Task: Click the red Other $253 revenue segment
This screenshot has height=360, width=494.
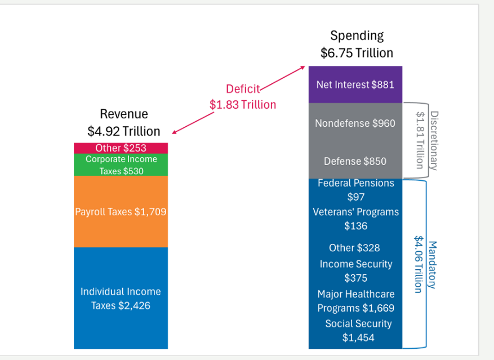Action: (x=121, y=148)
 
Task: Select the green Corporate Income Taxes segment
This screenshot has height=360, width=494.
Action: (x=121, y=165)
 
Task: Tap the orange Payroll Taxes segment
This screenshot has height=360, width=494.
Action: (x=121, y=212)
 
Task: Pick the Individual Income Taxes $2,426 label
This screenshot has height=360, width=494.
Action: (x=121, y=299)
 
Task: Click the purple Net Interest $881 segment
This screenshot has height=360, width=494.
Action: (x=355, y=85)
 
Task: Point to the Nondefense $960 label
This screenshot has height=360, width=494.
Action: (x=355, y=123)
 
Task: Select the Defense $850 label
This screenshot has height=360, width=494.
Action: (x=355, y=162)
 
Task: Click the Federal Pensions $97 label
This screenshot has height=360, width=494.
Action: (x=355, y=190)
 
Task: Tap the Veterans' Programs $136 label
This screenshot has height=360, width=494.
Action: (x=355, y=219)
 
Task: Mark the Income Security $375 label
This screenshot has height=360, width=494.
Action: (x=355, y=270)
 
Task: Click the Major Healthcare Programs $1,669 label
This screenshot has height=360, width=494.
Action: (x=355, y=301)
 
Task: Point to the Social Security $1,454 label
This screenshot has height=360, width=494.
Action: (x=358, y=331)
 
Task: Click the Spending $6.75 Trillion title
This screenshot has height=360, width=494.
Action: (x=357, y=45)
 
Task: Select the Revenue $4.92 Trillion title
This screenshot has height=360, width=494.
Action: (x=124, y=123)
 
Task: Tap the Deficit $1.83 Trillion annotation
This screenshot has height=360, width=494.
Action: (x=243, y=97)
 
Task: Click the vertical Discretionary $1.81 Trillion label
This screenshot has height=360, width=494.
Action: (x=426, y=139)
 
